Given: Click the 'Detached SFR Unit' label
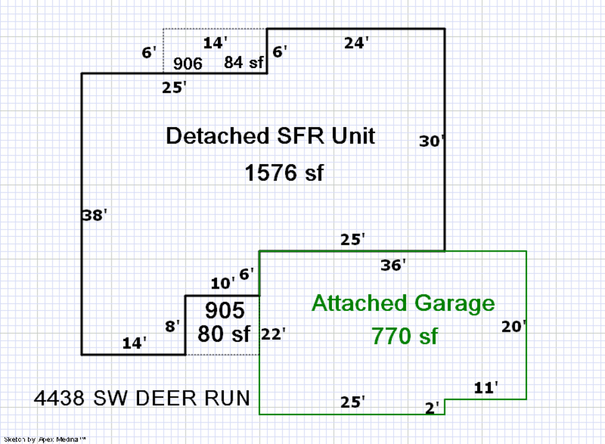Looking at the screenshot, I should click(x=270, y=136).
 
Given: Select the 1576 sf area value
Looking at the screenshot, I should click(x=284, y=173).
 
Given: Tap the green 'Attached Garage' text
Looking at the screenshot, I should click(x=403, y=303).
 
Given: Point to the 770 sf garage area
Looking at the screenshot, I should click(x=404, y=334).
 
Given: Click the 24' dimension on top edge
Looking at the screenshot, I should click(x=356, y=43).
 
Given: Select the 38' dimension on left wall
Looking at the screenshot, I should click(x=95, y=216).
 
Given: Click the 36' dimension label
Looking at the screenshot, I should click(x=393, y=266).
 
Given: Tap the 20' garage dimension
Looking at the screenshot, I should click(x=514, y=327).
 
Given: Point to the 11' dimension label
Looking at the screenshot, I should click(x=485, y=387).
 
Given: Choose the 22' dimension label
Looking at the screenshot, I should click(x=274, y=334).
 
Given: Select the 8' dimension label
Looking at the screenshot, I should click(x=173, y=327).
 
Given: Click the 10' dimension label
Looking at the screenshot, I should click(x=223, y=283).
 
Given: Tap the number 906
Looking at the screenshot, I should click(x=188, y=64).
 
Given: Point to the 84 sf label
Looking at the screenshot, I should click(x=244, y=63).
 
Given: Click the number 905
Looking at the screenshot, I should click(x=225, y=310).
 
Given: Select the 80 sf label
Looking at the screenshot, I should click(x=224, y=334).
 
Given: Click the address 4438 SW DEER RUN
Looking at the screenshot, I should click(x=142, y=398).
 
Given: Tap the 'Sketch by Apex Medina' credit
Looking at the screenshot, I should click(x=45, y=439).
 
